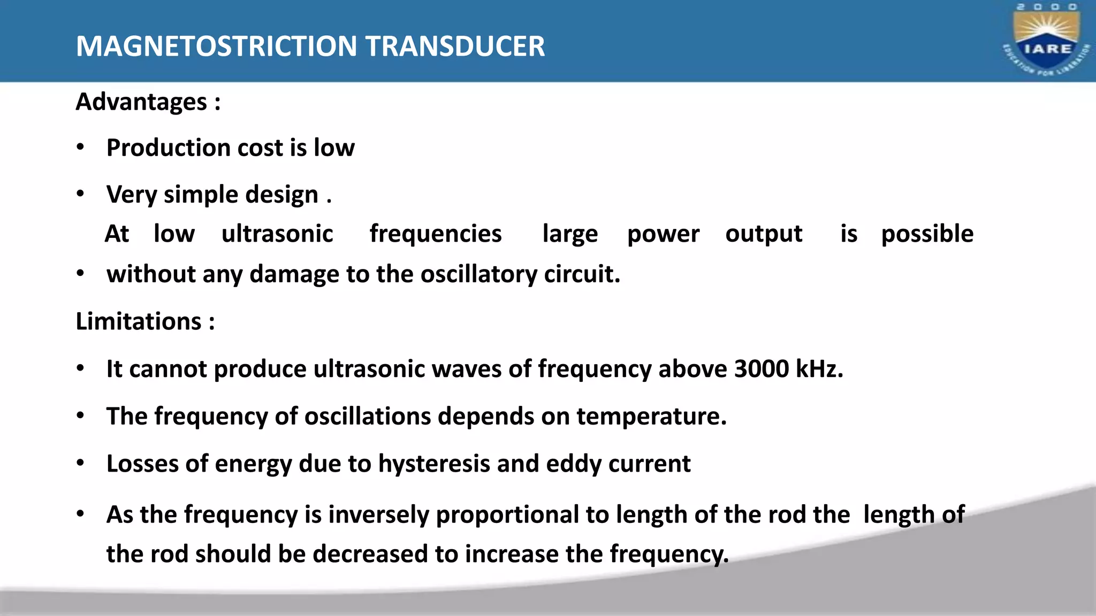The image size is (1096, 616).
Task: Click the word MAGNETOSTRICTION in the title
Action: point(216,46)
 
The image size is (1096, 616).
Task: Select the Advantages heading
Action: point(141,102)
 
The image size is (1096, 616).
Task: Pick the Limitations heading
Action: point(139,321)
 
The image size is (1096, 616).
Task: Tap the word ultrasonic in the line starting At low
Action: point(277,234)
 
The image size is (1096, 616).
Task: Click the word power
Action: point(663,234)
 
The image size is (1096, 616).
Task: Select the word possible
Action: point(927,234)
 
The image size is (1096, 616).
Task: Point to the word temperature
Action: point(651,416)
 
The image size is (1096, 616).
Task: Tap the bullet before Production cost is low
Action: point(80,147)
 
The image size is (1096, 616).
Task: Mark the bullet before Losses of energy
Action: point(80,463)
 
